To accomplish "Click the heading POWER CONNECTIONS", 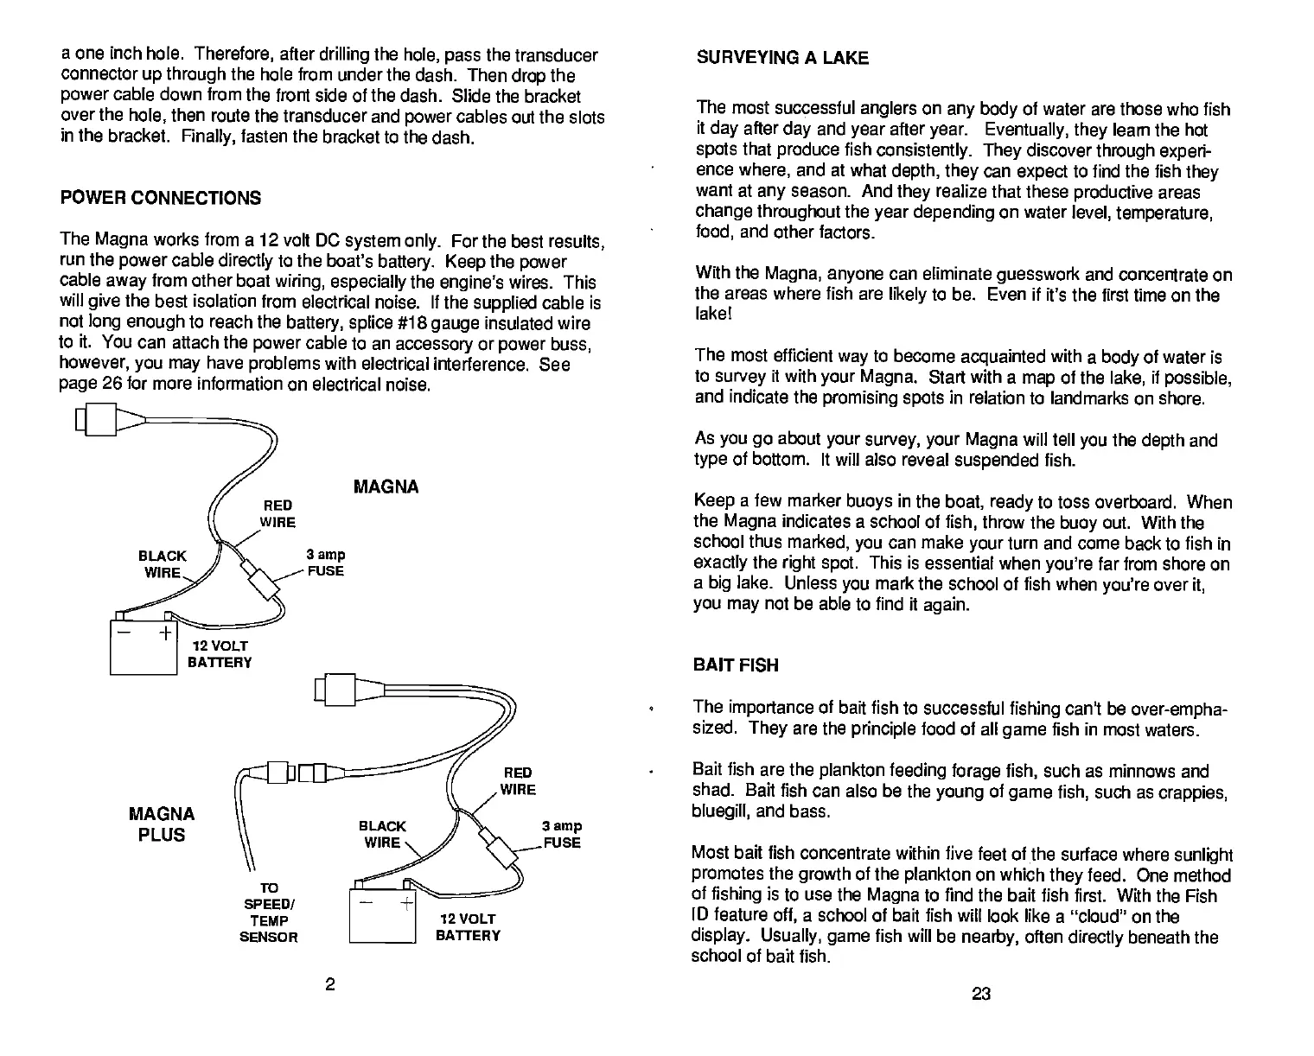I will [160, 198].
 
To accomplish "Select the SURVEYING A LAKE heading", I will [781, 58].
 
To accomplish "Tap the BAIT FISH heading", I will [736, 665].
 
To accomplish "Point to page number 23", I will [980, 994].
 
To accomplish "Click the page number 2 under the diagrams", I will [329, 985].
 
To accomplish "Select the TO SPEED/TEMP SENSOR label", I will [268, 913].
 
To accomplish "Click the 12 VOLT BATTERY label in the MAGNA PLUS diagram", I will [468, 927].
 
